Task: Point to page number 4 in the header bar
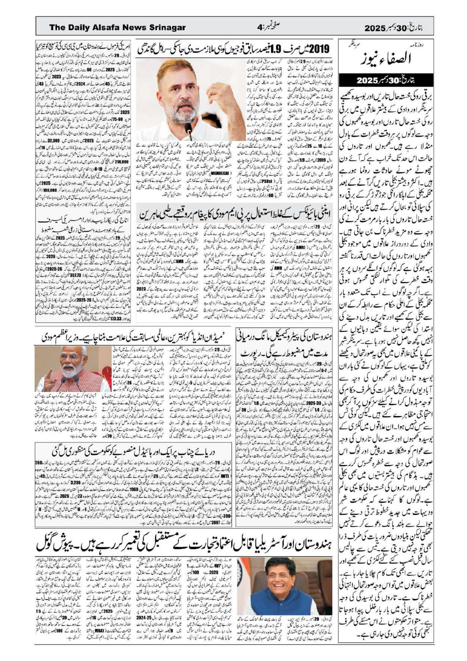coord(259,28)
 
